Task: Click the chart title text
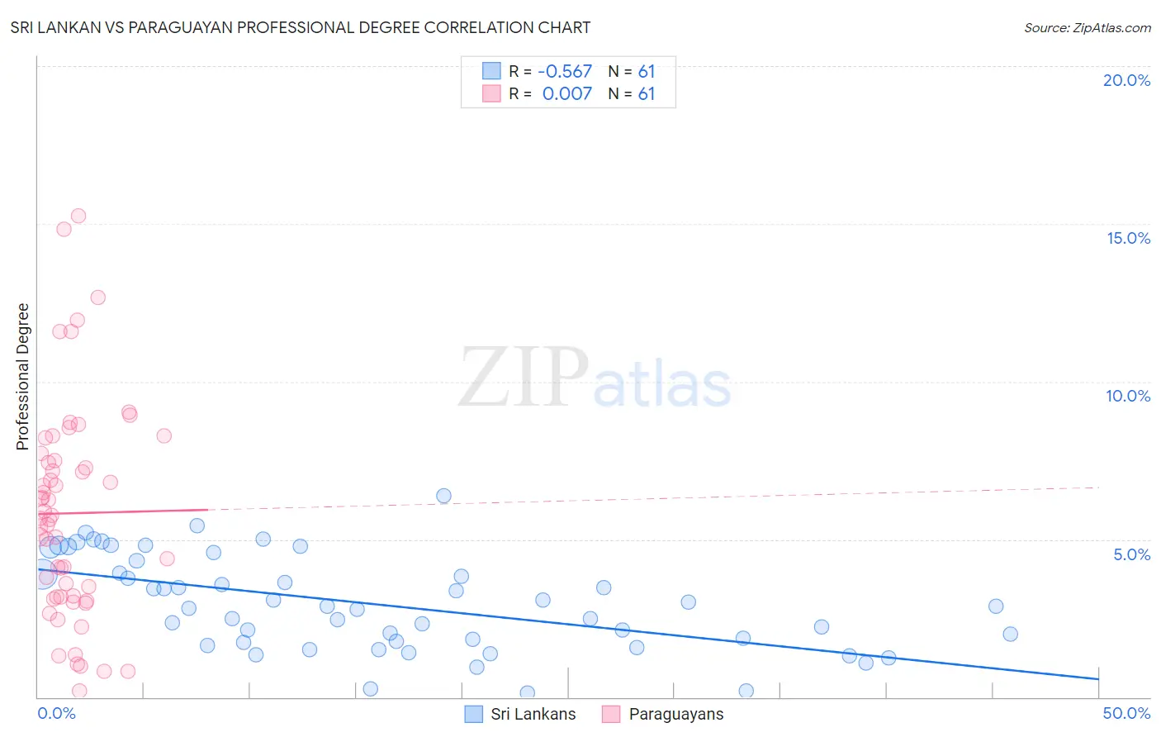coord(301,27)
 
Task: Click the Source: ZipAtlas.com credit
coord(1087,27)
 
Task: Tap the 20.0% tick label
coord(1126,80)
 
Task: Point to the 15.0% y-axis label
coord(1128,238)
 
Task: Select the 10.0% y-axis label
coord(1128,396)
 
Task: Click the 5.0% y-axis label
coord(1131,554)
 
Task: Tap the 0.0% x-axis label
coord(56,713)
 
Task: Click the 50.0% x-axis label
coord(1126,713)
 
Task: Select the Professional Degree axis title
coord(22,377)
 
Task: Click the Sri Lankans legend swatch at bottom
coord(473,714)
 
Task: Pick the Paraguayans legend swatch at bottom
coord(611,714)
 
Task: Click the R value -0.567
coord(565,72)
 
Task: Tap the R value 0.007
coord(566,94)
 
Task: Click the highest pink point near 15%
coord(78,216)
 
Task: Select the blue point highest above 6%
coord(443,496)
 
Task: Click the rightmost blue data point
coord(1010,634)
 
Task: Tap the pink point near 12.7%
coord(98,297)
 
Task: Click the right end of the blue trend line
coord(1098,678)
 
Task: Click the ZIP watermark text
coord(524,377)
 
